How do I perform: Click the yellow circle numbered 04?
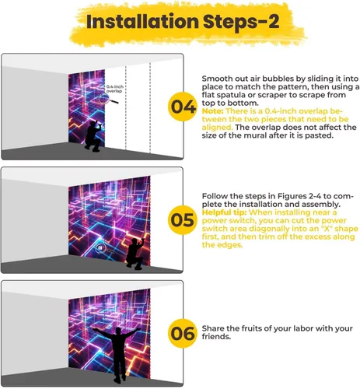(182, 107)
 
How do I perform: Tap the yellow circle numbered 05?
(182, 220)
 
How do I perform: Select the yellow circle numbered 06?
(182, 333)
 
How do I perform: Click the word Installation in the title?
(142, 22)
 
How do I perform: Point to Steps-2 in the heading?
(241, 23)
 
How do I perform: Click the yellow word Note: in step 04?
(212, 111)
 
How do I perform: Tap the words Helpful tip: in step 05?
(224, 212)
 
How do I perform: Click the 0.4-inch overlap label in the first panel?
(115, 89)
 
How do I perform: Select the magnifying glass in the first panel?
(107, 99)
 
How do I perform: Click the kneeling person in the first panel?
(93, 135)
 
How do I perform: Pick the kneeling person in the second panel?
(135, 254)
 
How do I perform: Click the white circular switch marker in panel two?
(100, 248)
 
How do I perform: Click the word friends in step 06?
(215, 337)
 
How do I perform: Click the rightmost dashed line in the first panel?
(150, 107)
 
